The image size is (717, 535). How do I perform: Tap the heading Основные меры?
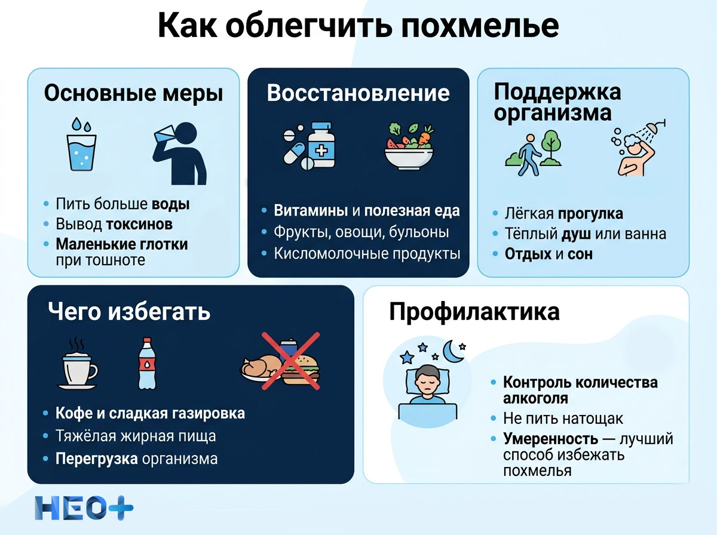[134, 94]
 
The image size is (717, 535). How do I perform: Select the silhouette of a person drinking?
[180, 153]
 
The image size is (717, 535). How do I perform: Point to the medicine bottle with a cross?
[321, 145]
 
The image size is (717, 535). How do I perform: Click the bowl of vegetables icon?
[409, 146]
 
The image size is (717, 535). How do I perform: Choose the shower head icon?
[655, 128]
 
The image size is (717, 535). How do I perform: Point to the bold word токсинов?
[139, 225]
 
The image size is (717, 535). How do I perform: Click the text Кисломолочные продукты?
[367, 253]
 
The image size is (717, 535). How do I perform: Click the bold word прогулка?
[590, 214]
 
